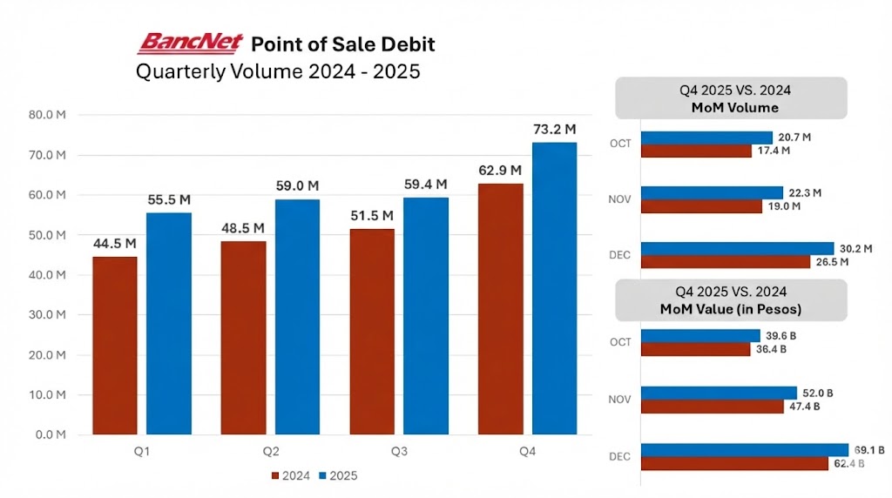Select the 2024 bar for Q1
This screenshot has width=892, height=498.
coord(114,345)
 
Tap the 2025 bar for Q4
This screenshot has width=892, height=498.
coord(555,288)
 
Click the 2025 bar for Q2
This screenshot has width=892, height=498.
coord(297,317)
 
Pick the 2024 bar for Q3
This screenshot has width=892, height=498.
coord(372,332)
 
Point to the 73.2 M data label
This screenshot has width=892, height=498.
coord(555,130)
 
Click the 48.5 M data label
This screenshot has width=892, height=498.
coord(243,228)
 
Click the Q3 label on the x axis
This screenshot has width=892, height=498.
coord(399,451)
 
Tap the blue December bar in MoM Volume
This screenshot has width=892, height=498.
coord(737,248)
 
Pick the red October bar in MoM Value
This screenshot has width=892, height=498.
coord(695,349)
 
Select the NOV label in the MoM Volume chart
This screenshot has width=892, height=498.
coord(621,199)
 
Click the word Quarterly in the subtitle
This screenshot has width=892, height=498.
coord(182,71)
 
